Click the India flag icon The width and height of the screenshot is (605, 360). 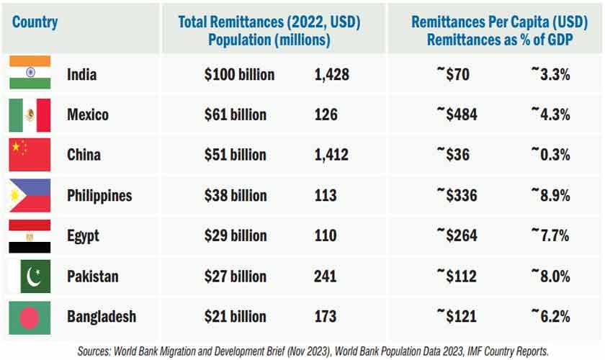[30, 74]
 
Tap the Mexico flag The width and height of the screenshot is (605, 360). [30, 114]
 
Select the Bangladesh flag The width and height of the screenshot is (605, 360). [30, 316]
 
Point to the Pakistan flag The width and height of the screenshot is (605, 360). [30, 276]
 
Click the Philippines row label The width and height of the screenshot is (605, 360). [99, 195]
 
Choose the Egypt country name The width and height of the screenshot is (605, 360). [83, 235]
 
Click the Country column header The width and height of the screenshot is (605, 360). [35, 22]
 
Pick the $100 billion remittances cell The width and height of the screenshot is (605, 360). [239, 74]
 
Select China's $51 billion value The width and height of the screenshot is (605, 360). [235, 155]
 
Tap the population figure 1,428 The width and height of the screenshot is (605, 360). [331, 74]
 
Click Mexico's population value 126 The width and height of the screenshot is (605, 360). [326, 114]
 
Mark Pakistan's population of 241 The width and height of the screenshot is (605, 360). [326, 276]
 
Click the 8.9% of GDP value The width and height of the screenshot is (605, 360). [550, 195]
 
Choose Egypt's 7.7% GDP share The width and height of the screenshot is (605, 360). [550, 235]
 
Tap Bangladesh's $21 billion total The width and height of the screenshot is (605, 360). [235, 316]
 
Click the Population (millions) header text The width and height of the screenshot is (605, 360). [269, 40]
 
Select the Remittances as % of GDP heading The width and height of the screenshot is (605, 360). [500, 40]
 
